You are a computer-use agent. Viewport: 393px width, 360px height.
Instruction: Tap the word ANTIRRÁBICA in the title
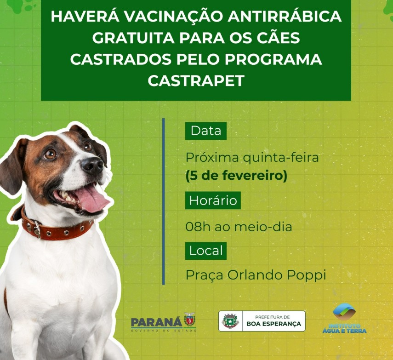tap(285, 16)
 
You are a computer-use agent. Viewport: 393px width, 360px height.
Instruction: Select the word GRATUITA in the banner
tap(134, 38)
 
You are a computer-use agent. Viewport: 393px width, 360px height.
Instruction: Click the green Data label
tap(206, 131)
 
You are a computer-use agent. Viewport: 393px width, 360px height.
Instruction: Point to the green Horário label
tap(213, 200)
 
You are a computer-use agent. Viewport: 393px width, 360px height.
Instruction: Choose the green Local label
tap(206, 251)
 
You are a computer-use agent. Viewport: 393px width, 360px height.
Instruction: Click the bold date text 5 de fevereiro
tap(236, 176)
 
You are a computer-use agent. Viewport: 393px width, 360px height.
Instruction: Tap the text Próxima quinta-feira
tap(252, 158)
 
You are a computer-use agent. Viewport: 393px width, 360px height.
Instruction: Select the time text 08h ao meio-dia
tap(239, 227)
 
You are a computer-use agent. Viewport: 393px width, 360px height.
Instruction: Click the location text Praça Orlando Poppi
tap(256, 275)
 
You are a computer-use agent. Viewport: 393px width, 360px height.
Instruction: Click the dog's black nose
tap(92, 166)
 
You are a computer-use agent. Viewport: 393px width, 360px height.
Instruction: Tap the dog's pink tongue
tap(91, 199)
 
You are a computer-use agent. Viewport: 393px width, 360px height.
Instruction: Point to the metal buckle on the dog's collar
tap(37, 229)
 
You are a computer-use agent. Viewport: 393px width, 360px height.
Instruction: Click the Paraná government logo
tap(164, 322)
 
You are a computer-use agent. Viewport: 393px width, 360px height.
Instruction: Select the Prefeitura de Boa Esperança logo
tap(262, 321)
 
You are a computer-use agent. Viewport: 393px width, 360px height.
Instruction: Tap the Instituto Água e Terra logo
tap(344, 318)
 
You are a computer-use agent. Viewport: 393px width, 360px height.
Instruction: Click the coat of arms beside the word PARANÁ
tap(190, 320)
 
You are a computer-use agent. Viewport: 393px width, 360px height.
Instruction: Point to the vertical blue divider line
tap(164, 201)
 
